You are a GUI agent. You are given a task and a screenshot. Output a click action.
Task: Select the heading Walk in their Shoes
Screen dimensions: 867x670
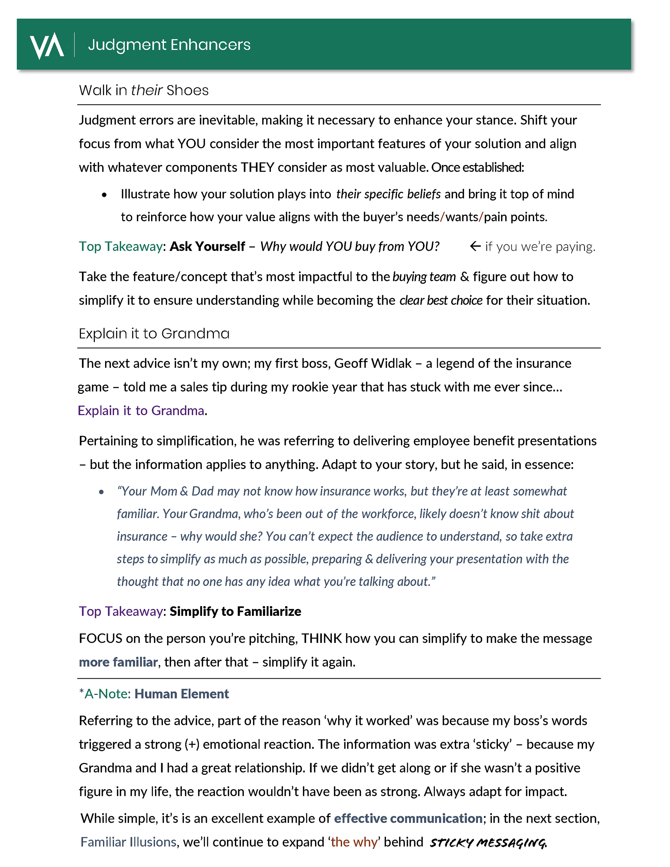pos(143,90)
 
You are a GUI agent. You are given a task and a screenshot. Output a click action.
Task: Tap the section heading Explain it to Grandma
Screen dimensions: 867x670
pos(154,334)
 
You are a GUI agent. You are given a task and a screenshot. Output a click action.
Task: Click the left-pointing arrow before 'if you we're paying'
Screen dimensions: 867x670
pos(475,247)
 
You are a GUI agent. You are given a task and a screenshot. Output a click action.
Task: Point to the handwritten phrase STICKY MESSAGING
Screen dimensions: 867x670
pos(488,842)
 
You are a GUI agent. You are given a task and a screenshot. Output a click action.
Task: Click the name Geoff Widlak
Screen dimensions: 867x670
pos(373,364)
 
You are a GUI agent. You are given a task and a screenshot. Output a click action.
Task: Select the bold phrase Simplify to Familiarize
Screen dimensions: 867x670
pos(235,611)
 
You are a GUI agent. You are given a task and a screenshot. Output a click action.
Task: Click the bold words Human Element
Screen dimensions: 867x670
pos(181,694)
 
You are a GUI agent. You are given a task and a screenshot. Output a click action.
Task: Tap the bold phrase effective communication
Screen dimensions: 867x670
pos(408,819)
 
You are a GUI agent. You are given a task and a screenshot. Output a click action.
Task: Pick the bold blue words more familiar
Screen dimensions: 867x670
pos(118,662)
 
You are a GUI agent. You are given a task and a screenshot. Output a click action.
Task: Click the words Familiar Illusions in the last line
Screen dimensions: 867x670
pos(128,842)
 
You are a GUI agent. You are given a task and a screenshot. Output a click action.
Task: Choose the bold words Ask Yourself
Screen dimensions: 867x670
pos(207,247)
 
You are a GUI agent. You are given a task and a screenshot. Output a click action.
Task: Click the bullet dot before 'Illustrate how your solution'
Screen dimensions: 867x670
pos(104,195)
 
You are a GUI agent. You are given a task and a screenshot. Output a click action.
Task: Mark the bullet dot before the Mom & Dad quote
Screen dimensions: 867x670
pos(101,492)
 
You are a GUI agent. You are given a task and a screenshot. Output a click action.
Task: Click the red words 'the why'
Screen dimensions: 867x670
pos(354,842)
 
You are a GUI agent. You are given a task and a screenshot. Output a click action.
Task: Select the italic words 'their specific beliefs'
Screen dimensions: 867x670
pos(388,194)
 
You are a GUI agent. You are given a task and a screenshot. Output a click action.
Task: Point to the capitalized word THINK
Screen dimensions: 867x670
pos(321,638)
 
